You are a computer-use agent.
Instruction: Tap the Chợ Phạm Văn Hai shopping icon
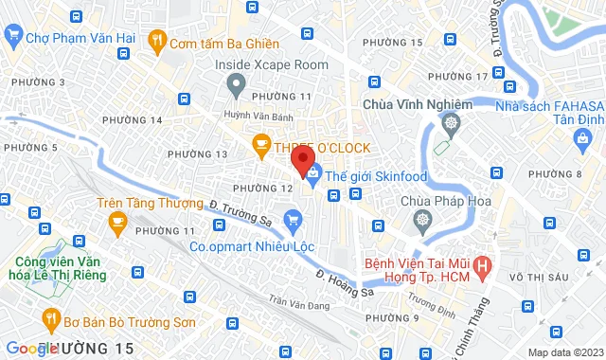pyautogui.click(x=13, y=39)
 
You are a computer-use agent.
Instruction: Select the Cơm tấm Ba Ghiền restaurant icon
pyautogui.click(x=158, y=43)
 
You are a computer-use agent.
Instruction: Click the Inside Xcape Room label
pyautogui.click(x=271, y=64)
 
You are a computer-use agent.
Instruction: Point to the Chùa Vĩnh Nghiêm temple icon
pyautogui.click(x=453, y=122)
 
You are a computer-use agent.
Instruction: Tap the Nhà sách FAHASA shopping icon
pyautogui.click(x=583, y=140)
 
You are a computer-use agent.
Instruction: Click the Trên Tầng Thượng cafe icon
pyautogui.click(x=117, y=224)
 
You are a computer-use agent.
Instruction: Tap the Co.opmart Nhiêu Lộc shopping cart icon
pyautogui.click(x=293, y=223)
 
